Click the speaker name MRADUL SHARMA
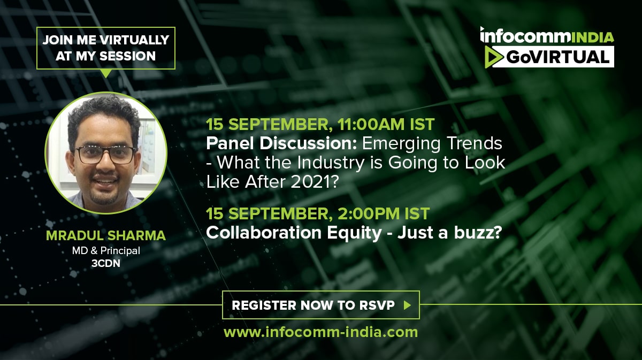106,235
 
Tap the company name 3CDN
106,263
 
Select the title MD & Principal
106,251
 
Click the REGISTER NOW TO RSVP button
321,305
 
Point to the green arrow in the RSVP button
407,305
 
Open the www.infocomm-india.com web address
320,332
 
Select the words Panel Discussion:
281,143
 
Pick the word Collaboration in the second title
264,233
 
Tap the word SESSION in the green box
127,56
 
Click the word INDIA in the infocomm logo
592,38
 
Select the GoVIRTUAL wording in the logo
557,57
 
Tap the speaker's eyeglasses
106,155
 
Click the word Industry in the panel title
331,163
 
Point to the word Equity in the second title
354,233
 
